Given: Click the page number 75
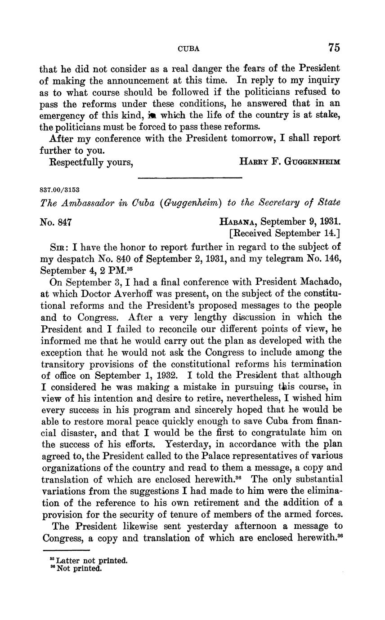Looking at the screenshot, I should [x=333, y=48].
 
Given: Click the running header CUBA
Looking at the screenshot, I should [x=189, y=49].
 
